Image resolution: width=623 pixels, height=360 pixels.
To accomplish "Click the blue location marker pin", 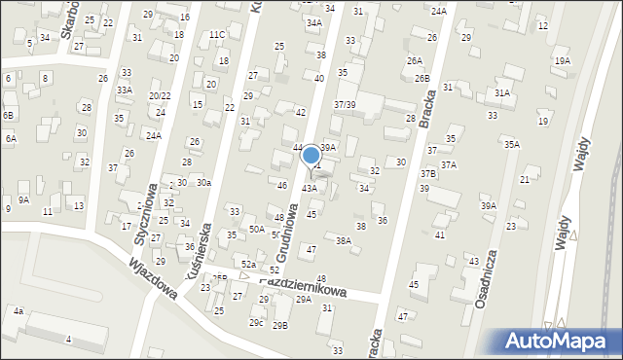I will point(311,156).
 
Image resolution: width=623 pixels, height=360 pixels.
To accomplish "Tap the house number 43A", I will point(309,188).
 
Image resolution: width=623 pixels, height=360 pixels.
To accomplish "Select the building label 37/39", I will point(345,104).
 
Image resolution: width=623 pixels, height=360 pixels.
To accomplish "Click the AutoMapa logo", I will point(558,341).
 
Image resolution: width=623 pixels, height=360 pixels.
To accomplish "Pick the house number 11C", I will point(216,35).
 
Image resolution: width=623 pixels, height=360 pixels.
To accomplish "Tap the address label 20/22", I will point(160,95).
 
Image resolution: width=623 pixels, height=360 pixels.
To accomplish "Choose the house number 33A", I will point(125,90).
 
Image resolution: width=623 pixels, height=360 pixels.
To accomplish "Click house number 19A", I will point(562,60).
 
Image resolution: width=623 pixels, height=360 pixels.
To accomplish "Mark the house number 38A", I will point(343,240).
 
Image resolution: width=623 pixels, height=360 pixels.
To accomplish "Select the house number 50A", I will point(256,228).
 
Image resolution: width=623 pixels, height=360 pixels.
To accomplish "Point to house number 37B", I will point(428,173).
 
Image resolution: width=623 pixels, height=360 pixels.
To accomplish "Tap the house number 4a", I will point(18,311).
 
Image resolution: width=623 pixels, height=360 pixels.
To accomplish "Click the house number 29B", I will point(280,325).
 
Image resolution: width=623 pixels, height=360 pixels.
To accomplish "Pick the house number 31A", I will point(502,92).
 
